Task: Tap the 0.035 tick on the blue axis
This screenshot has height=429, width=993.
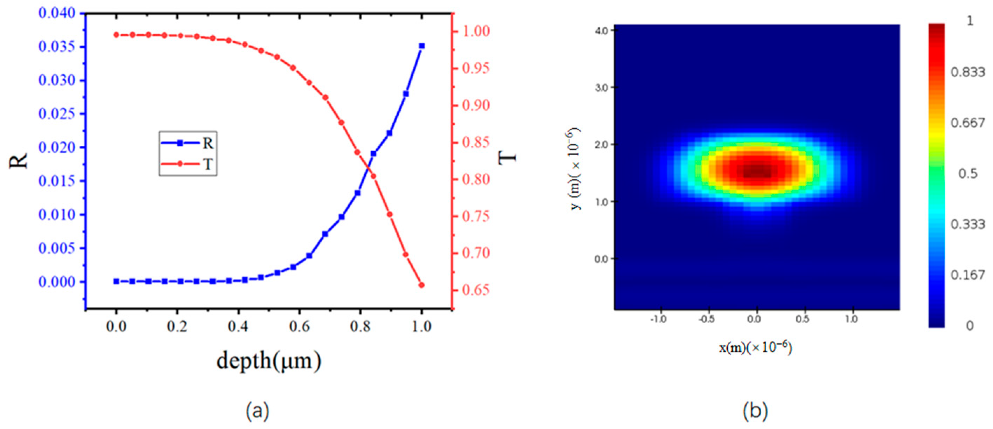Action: [x=57, y=47]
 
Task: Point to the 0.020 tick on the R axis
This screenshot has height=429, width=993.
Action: [x=57, y=147]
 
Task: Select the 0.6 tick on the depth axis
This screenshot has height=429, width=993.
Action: [x=300, y=327]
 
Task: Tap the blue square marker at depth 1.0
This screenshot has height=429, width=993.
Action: [x=422, y=46]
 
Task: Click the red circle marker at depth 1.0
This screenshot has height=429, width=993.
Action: [x=421, y=285]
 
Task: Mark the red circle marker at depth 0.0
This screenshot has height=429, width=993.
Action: [x=116, y=35]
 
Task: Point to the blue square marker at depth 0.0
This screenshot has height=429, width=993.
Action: [x=116, y=281]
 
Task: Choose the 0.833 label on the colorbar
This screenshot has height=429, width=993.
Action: [x=967, y=72]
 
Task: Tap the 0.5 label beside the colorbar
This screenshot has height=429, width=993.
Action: [x=967, y=174]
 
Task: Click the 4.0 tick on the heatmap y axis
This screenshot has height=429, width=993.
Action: [x=601, y=30]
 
